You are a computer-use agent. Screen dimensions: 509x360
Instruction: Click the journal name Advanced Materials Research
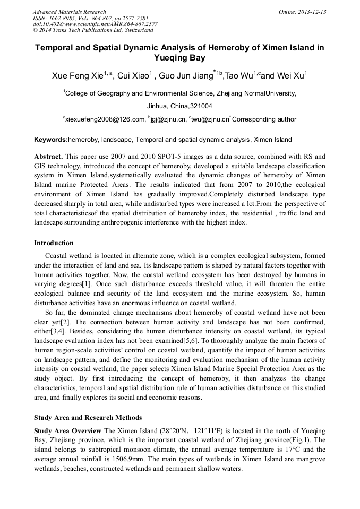pyautogui.click(x=69, y=12)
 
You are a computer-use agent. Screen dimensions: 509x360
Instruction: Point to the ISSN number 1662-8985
pyautogui.click(x=63, y=18)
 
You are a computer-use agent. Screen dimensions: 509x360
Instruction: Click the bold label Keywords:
pyautogui.click(x=51, y=140)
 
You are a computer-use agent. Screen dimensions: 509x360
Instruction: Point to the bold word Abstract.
pyautogui.click(x=48, y=157)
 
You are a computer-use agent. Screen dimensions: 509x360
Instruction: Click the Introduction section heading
pyautogui.click(x=54, y=243)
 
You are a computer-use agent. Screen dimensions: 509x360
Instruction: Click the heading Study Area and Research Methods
pyautogui.click(x=88, y=418)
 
